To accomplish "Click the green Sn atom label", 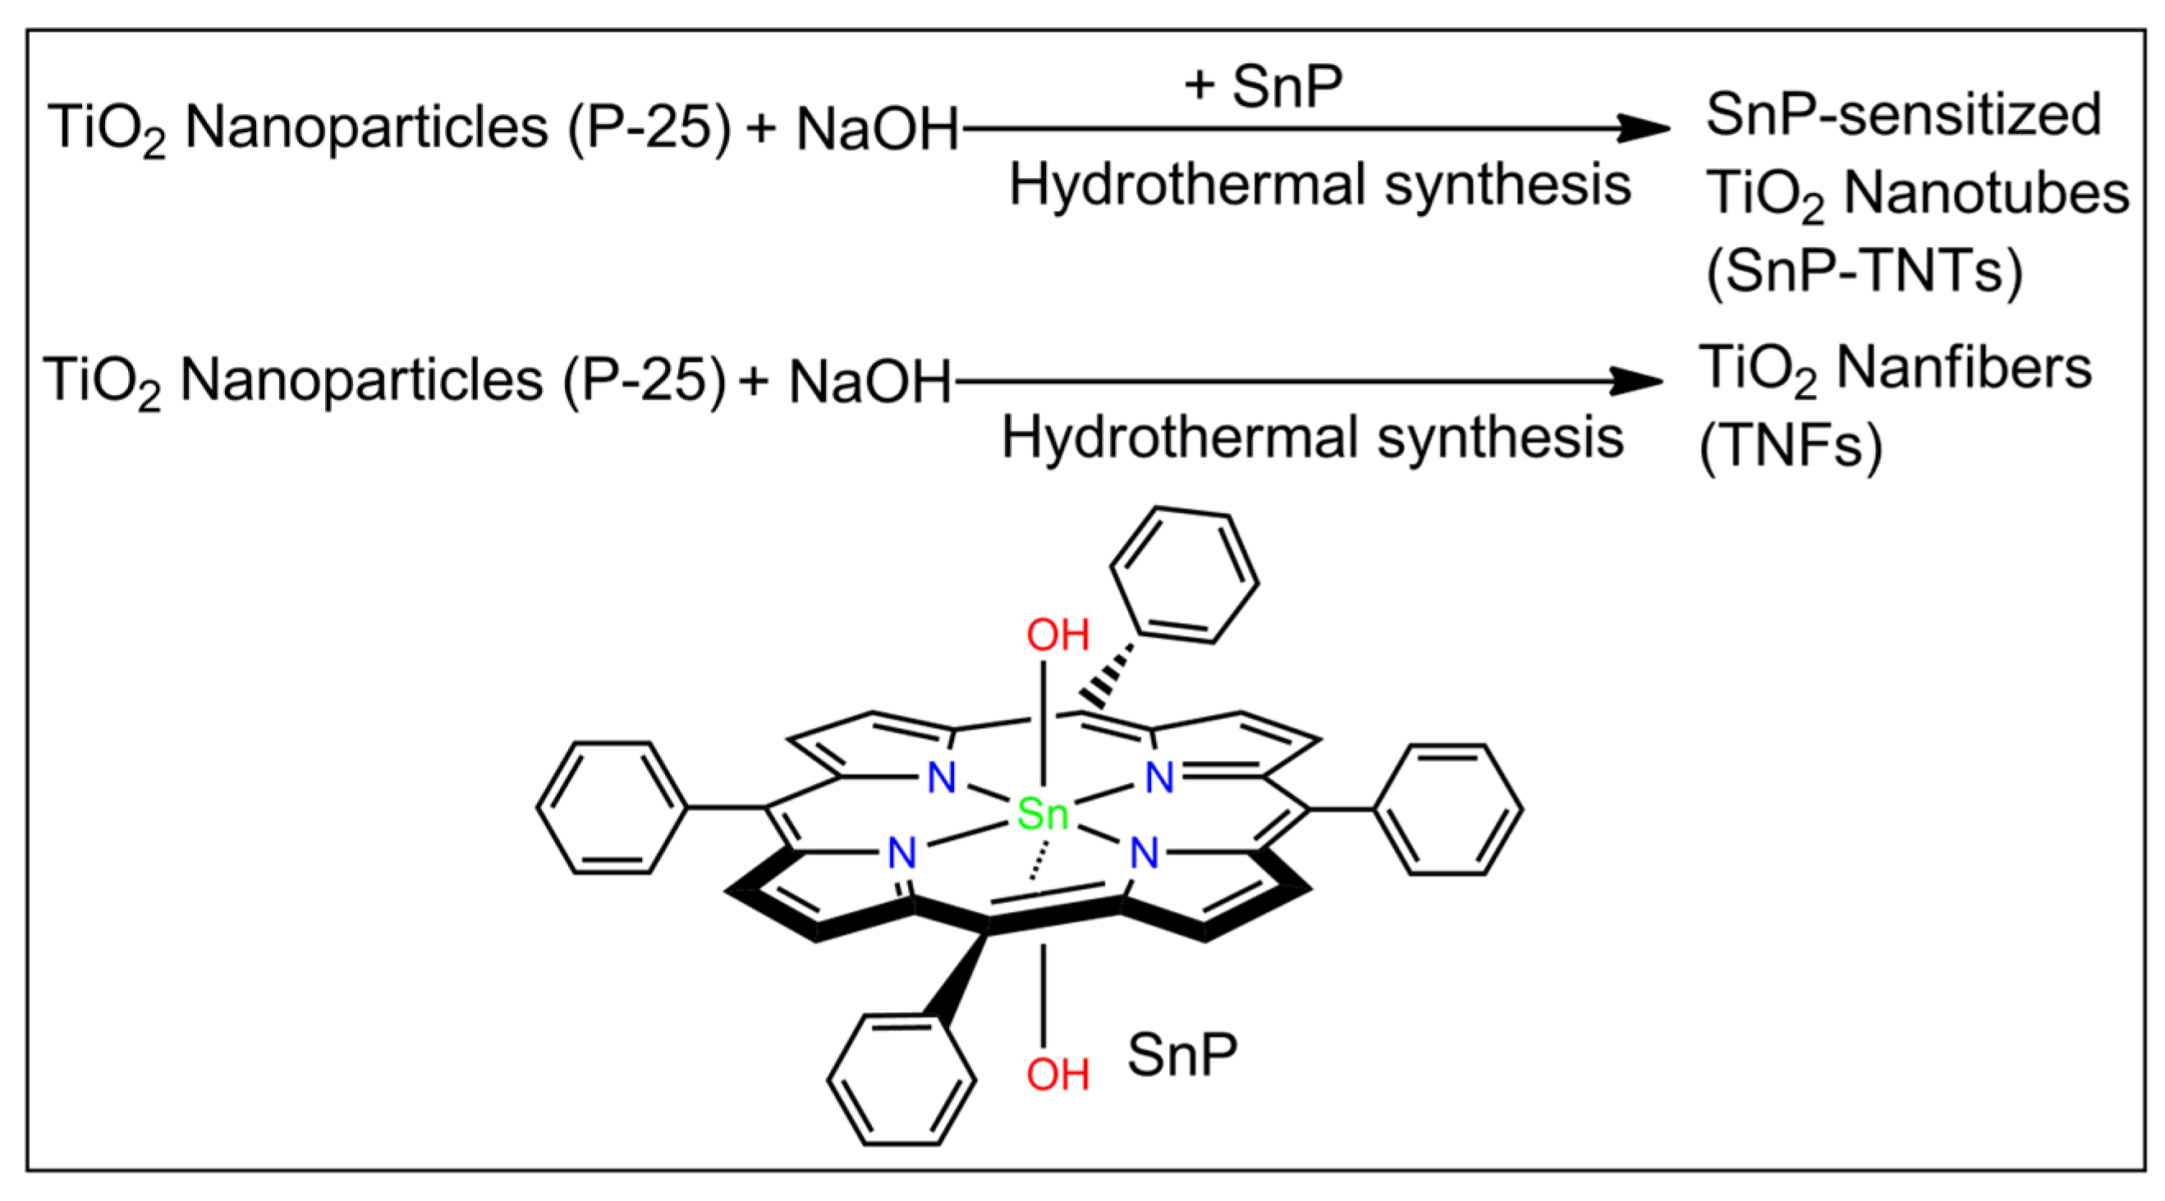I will (x=1042, y=814).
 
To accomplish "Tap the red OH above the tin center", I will (x=1057, y=635).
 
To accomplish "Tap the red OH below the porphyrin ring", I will (x=1057, y=1074).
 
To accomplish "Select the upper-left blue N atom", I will (x=942, y=777).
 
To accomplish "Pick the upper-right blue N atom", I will (x=1160, y=777).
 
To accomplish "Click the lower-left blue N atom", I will (x=901, y=854).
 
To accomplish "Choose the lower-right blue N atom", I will (x=1144, y=854).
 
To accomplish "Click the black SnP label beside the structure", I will (x=1181, y=1056).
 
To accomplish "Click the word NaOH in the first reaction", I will (x=877, y=131).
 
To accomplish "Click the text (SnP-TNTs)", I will (x=1865, y=271).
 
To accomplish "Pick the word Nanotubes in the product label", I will (x=1986, y=193).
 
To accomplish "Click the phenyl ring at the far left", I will (x=612, y=808).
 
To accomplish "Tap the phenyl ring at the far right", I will (x=1447, y=809).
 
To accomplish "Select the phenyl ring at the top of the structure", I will (x=1183, y=575).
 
